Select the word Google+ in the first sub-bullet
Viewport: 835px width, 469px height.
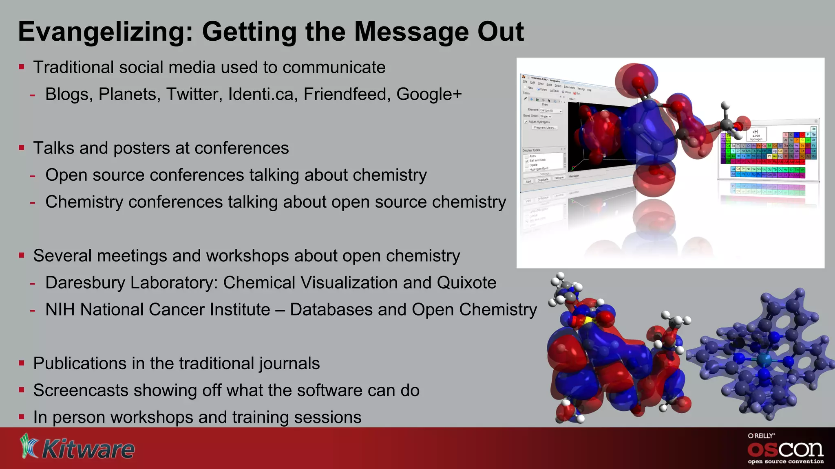click(429, 94)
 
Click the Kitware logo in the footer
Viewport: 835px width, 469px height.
click(77, 448)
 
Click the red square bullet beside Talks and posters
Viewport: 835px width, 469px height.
click(22, 148)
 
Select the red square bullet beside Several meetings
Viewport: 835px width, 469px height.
click(22, 256)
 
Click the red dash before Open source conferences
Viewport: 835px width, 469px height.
click(33, 176)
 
